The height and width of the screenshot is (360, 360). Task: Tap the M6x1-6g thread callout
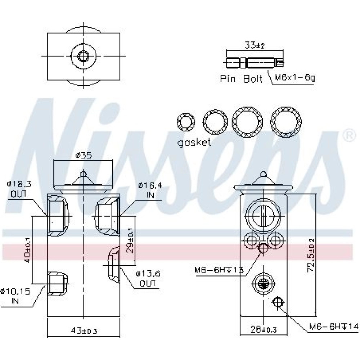click(x=294, y=78)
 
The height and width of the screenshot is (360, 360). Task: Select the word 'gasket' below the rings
click(x=194, y=142)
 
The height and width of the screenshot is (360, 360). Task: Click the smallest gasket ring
click(x=186, y=123)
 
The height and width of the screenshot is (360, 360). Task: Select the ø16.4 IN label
click(x=150, y=190)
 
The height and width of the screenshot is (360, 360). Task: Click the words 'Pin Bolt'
click(x=241, y=79)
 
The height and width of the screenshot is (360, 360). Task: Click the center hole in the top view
click(x=84, y=56)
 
